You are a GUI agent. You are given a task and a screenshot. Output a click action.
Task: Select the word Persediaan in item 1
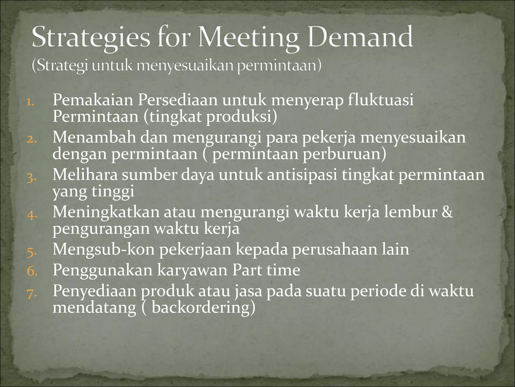pyautogui.click(x=178, y=100)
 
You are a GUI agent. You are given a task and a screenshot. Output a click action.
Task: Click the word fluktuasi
pyautogui.click(x=380, y=100)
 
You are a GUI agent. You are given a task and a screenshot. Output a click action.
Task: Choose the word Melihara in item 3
pyautogui.click(x=85, y=175)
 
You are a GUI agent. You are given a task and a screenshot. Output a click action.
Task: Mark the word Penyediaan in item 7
pyautogui.click(x=94, y=291)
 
